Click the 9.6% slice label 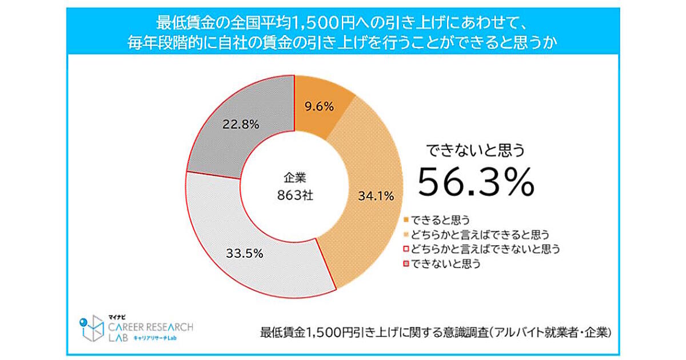318,106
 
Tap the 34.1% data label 376,197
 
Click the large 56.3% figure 476,181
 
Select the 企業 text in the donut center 294,177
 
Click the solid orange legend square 406,220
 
